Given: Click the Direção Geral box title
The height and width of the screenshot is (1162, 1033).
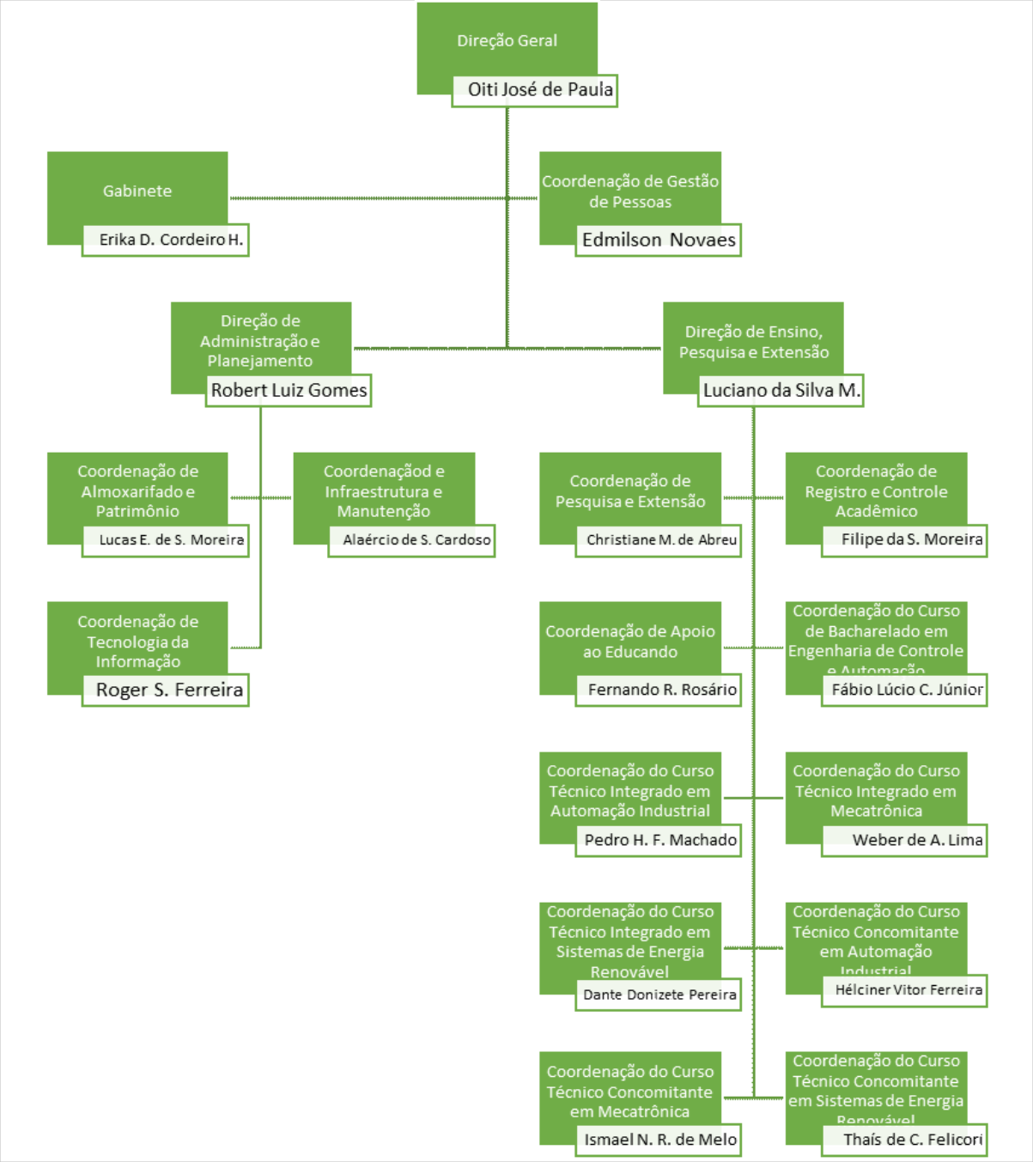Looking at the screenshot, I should point(507,40).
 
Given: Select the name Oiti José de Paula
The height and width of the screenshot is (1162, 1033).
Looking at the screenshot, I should point(539,89).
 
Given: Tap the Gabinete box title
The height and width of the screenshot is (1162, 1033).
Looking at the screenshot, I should point(137,191).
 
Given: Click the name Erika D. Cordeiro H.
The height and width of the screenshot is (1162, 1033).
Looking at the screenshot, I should point(170,240).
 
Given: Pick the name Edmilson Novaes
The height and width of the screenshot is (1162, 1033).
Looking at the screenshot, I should point(659,240).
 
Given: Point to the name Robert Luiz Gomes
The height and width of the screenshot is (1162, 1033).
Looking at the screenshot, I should point(289,390).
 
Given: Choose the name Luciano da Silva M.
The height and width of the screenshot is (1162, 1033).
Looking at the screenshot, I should point(781,390).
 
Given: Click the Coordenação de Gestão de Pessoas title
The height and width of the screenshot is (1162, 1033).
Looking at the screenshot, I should point(629,192).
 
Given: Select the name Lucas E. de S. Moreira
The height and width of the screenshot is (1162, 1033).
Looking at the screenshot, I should point(171,540).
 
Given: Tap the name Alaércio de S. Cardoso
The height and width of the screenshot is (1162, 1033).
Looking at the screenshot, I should point(416,540).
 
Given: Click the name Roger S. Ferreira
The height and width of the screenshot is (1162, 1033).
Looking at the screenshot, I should point(169,690).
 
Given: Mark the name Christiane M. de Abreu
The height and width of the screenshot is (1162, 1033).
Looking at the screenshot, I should point(661,540).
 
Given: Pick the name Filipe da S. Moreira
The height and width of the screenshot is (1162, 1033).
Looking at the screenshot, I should point(911,539).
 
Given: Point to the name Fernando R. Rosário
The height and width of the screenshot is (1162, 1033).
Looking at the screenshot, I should point(662,690).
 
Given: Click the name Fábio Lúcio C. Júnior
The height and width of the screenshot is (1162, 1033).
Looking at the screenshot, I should point(907,690).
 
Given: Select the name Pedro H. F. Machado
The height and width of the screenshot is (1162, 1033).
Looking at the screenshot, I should point(660,840).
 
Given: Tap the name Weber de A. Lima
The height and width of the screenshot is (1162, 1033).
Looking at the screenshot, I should point(917,840).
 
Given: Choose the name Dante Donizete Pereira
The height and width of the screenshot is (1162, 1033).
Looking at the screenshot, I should point(659,995).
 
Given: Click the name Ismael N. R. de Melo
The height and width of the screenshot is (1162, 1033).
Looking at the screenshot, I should point(660,1140).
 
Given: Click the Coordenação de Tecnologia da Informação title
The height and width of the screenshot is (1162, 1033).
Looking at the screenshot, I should point(137,642).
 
